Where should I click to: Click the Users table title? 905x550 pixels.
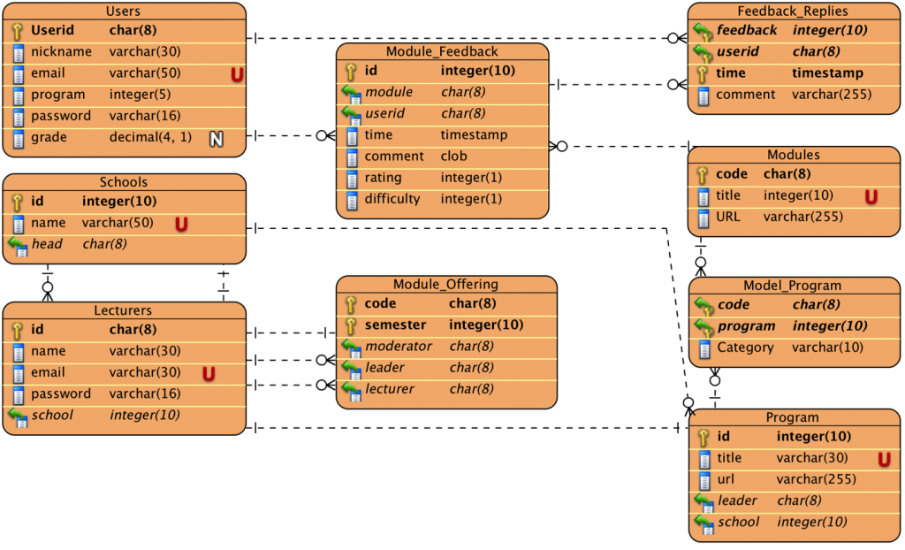point(123,11)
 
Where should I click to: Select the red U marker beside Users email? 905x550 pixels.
point(237,75)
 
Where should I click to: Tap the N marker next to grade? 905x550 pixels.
point(216,138)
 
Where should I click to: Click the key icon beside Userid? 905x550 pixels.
point(18,31)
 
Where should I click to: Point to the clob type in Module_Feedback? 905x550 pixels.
point(455,157)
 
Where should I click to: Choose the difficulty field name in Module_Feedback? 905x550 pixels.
point(392,199)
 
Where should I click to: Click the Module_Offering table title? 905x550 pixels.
point(445,285)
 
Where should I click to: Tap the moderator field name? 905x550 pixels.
point(399,347)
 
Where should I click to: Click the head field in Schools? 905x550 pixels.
point(47,244)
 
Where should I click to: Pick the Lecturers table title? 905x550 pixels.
point(123,310)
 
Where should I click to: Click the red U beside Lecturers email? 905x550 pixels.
point(209,374)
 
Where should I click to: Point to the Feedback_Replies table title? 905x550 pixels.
point(792,11)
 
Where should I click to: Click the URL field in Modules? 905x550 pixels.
point(728,217)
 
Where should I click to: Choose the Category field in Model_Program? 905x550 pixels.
point(745,348)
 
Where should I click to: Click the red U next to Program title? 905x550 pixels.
point(883,459)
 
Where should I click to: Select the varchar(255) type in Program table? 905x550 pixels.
point(816,479)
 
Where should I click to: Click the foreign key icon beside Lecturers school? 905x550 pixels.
point(18,416)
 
